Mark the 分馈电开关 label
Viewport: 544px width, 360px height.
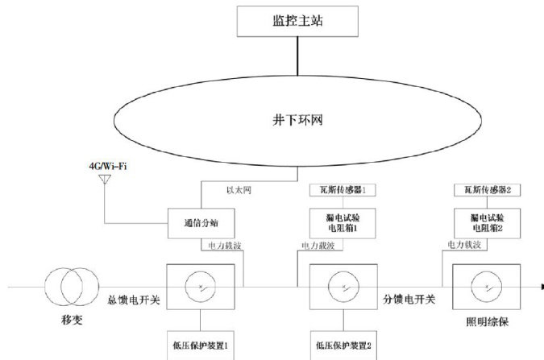tap(409, 300)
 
